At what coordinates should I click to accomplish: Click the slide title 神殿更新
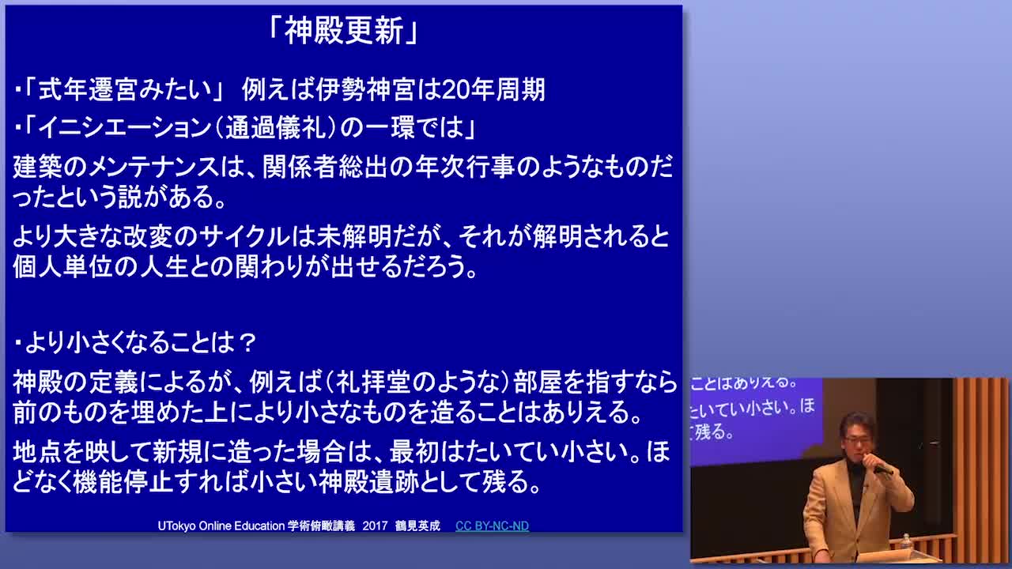[343, 32]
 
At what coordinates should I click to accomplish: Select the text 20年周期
[493, 90]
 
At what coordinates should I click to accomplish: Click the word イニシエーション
[125, 128]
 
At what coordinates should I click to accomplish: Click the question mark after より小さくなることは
[247, 344]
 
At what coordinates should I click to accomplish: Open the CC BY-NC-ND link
[492, 526]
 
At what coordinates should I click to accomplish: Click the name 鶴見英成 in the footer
[417, 526]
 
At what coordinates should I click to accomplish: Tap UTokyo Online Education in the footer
[221, 526]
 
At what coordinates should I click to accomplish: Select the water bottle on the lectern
[905, 541]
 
